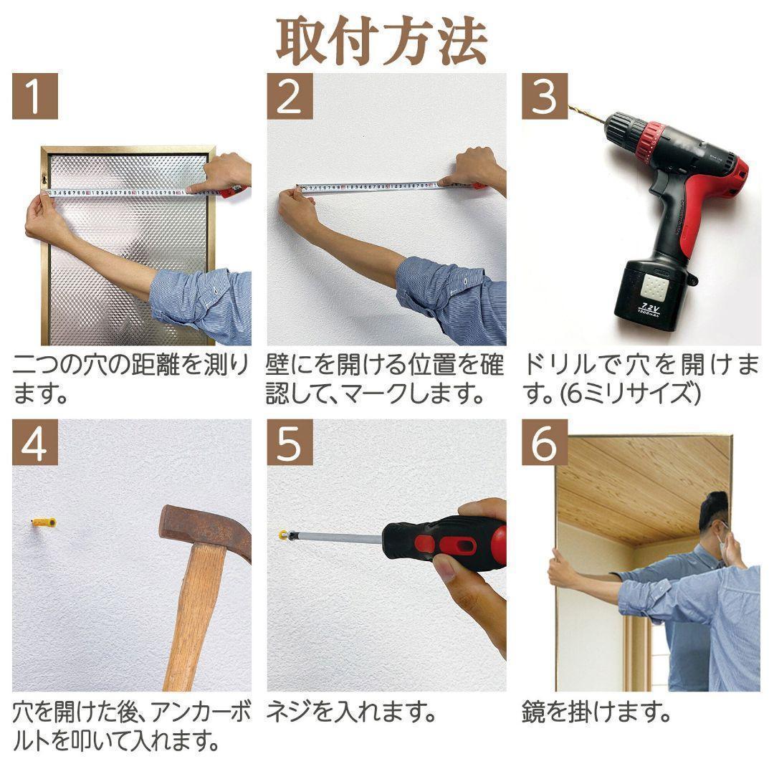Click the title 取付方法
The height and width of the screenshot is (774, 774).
coord(382,41)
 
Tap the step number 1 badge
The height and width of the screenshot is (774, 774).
coord(34,96)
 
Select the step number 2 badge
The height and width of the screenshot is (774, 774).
coord(290,96)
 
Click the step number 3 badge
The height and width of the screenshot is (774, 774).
coord(544,96)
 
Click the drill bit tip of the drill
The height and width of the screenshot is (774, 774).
coord(573,108)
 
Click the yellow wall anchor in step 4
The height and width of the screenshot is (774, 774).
coord(44,522)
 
